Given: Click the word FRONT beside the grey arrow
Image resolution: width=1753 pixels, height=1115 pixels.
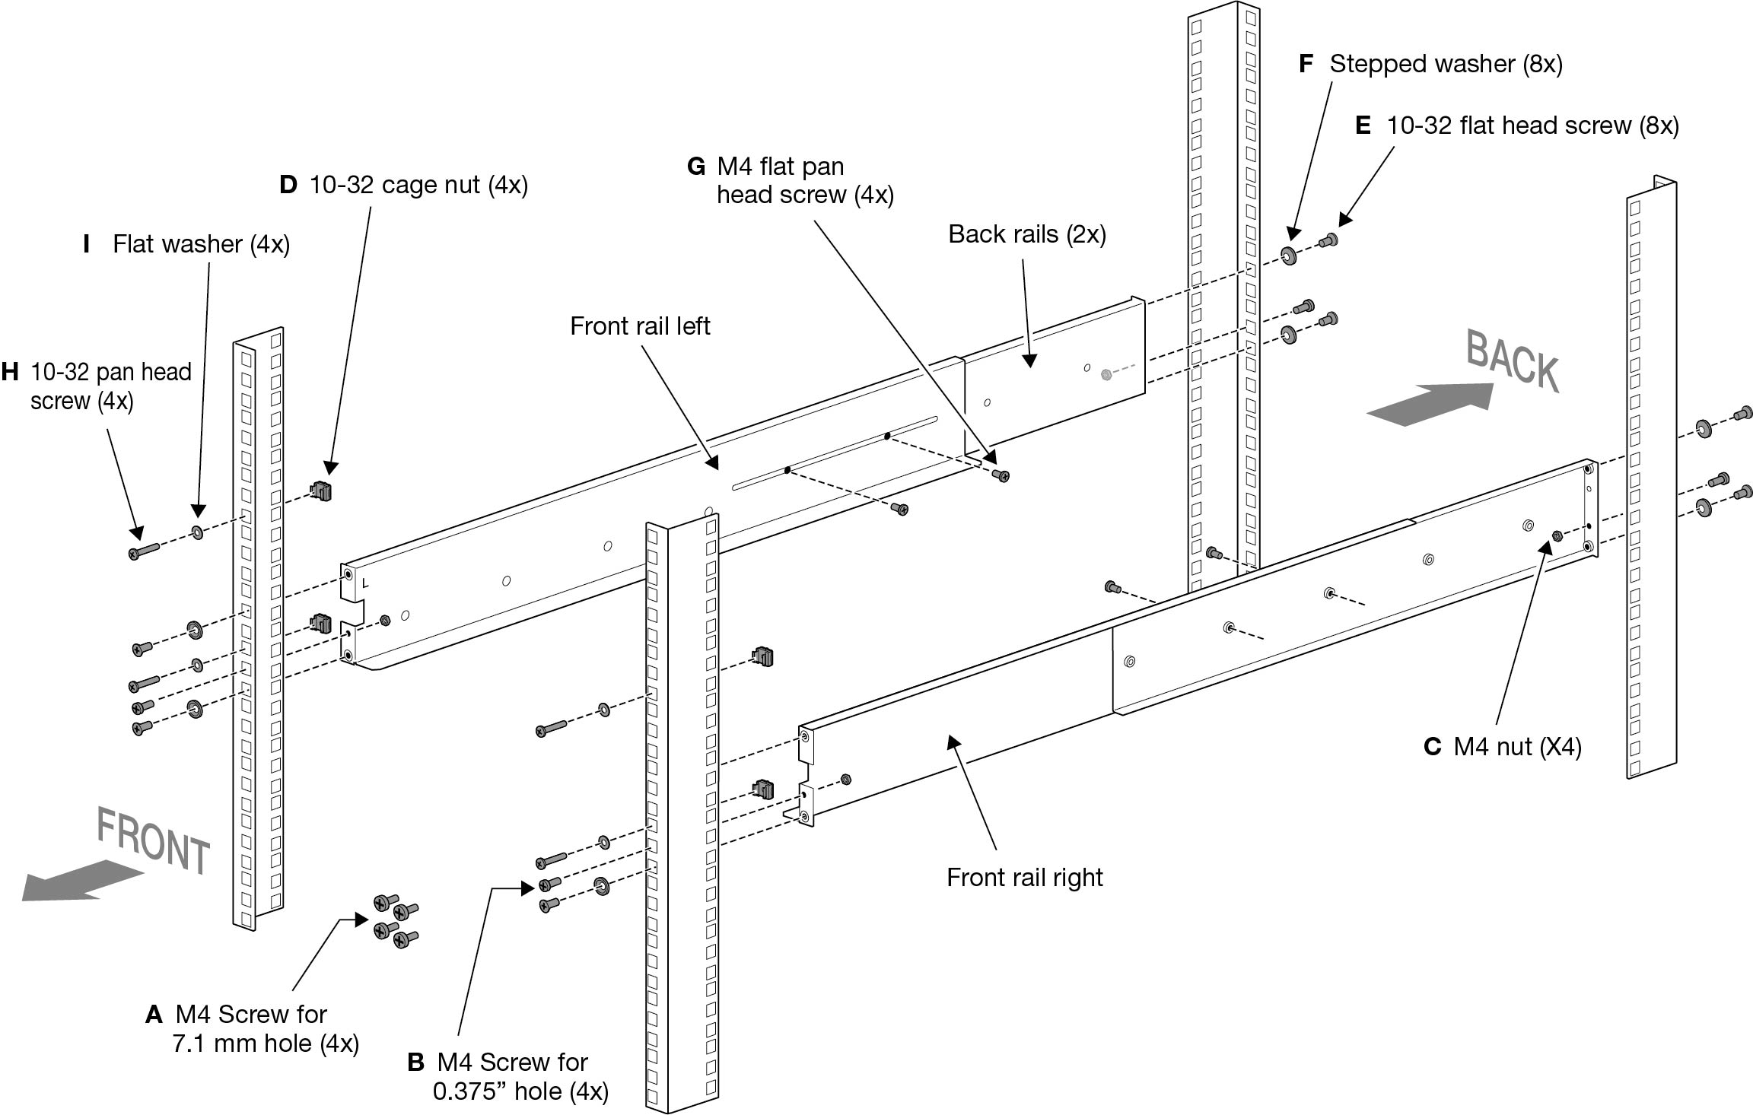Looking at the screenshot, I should [x=153, y=841].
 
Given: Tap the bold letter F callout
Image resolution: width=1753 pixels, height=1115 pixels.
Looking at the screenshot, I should [x=1306, y=64].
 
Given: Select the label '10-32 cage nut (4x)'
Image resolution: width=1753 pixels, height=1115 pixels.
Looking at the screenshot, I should [x=418, y=185].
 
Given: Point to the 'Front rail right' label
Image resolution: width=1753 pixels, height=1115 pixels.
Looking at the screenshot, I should [x=1024, y=877].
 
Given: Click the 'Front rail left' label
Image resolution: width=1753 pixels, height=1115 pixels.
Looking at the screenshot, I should [x=640, y=326].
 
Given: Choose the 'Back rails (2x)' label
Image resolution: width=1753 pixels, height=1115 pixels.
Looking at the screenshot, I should [x=1026, y=234].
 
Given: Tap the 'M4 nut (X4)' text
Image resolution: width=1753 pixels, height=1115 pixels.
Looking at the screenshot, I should [x=1517, y=746].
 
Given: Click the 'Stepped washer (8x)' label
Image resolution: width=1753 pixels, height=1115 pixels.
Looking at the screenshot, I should [x=1446, y=64].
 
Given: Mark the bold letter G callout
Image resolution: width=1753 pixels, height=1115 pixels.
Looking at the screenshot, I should [x=695, y=167].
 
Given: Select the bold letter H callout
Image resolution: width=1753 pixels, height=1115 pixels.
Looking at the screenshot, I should [x=10, y=372].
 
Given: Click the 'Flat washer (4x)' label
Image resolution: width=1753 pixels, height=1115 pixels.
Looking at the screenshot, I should [x=201, y=244].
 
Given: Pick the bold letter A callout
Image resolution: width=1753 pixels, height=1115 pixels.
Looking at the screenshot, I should [x=154, y=1014].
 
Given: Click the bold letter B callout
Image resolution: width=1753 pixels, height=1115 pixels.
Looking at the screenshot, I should [x=415, y=1063].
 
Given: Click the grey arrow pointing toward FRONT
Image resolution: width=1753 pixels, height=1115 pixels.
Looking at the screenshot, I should [x=80, y=881].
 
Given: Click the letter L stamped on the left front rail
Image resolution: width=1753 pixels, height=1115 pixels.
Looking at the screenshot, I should [x=366, y=583].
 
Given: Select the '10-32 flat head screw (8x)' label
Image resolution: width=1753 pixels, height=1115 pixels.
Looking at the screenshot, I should [x=1532, y=125].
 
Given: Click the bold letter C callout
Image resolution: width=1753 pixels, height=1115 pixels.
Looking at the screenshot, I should [x=1432, y=747].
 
